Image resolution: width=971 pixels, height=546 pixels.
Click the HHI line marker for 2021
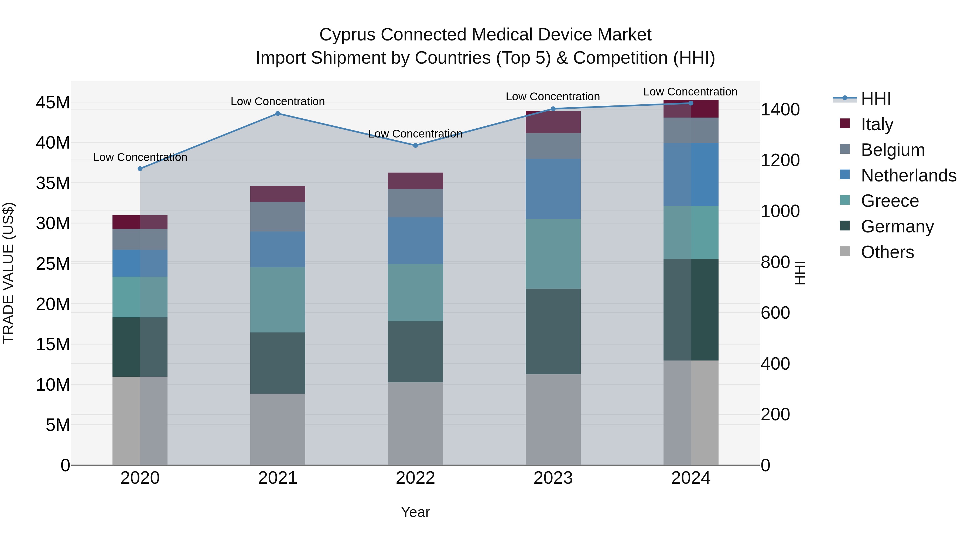pos(278,114)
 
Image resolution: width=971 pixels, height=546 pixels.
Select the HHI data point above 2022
pos(415,145)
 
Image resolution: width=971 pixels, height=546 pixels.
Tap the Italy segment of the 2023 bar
pos(553,122)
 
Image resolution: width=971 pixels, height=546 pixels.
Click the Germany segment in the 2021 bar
pos(278,363)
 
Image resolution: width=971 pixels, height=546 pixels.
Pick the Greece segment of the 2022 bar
pos(415,292)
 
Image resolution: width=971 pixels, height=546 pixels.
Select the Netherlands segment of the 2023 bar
pos(553,189)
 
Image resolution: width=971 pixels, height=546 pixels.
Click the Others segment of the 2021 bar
pos(278,430)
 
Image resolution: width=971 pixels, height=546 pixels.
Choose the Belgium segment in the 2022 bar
pos(415,203)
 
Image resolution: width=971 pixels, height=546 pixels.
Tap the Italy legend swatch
pos(845,123)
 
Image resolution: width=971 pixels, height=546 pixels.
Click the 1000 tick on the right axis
pos(780,211)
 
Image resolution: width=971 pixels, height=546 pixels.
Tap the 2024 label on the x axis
pos(690,478)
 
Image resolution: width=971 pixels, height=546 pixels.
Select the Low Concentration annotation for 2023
pos(553,97)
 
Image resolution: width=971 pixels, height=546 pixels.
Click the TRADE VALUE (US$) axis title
pos(8,273)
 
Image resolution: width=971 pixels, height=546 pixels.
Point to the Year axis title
pos(415,512)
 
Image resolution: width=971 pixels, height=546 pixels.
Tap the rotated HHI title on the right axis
pos(799,273)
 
